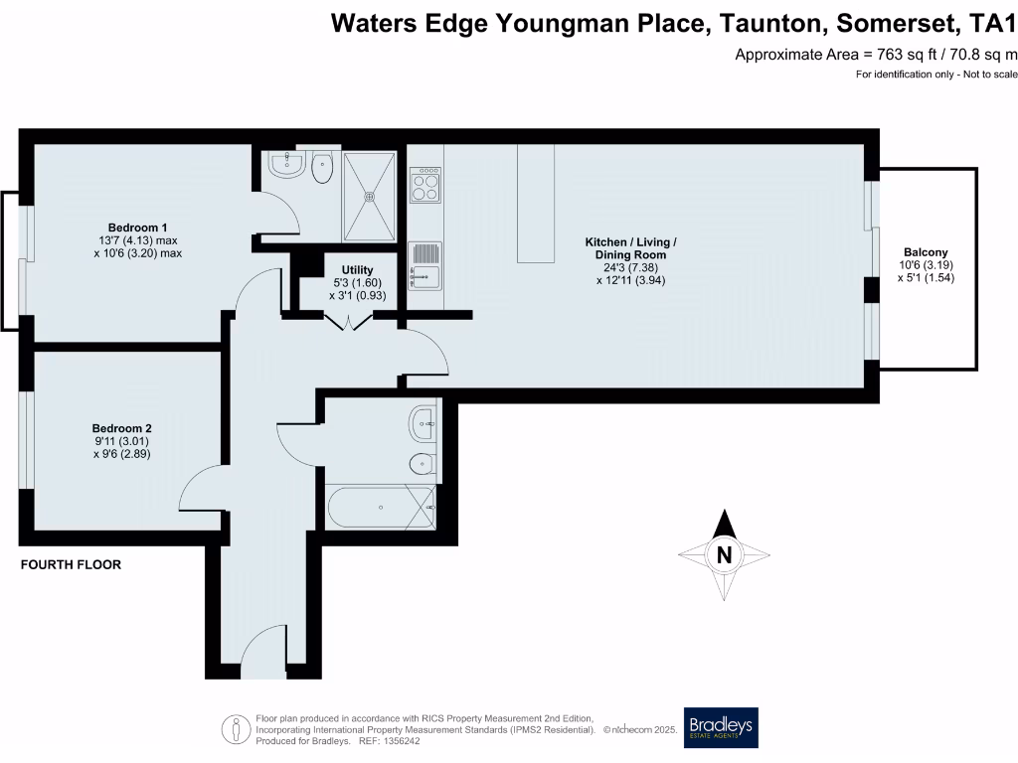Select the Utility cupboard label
[356, 269]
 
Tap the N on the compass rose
[725, 555]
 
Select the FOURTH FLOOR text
[72, 565]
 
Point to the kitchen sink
[424, 265]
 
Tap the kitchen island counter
[536, 203]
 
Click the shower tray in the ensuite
[370, 195]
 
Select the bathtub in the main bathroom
[381, 507]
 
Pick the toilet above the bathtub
[421, 464]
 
